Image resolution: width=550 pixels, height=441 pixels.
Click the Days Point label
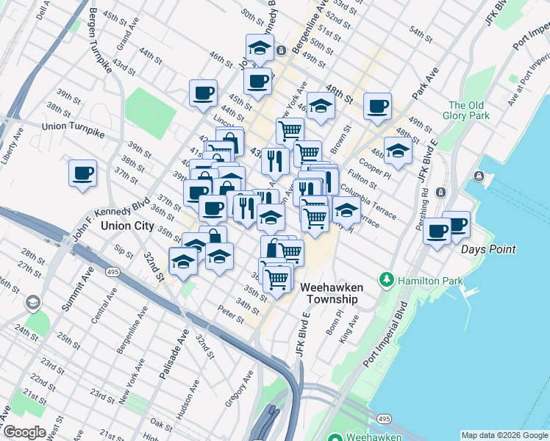pos(488,249)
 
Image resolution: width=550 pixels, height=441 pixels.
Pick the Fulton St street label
pos(363,178)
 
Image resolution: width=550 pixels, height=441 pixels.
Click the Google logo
pos(24,432)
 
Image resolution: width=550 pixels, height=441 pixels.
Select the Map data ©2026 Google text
pos(504,435)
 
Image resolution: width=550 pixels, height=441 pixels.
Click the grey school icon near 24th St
pos(32,303)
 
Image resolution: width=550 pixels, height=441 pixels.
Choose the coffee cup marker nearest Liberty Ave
pos(82,173)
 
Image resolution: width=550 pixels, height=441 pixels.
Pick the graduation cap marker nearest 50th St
pos(259,48)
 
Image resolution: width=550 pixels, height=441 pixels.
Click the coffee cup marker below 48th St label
pos(377,107)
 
